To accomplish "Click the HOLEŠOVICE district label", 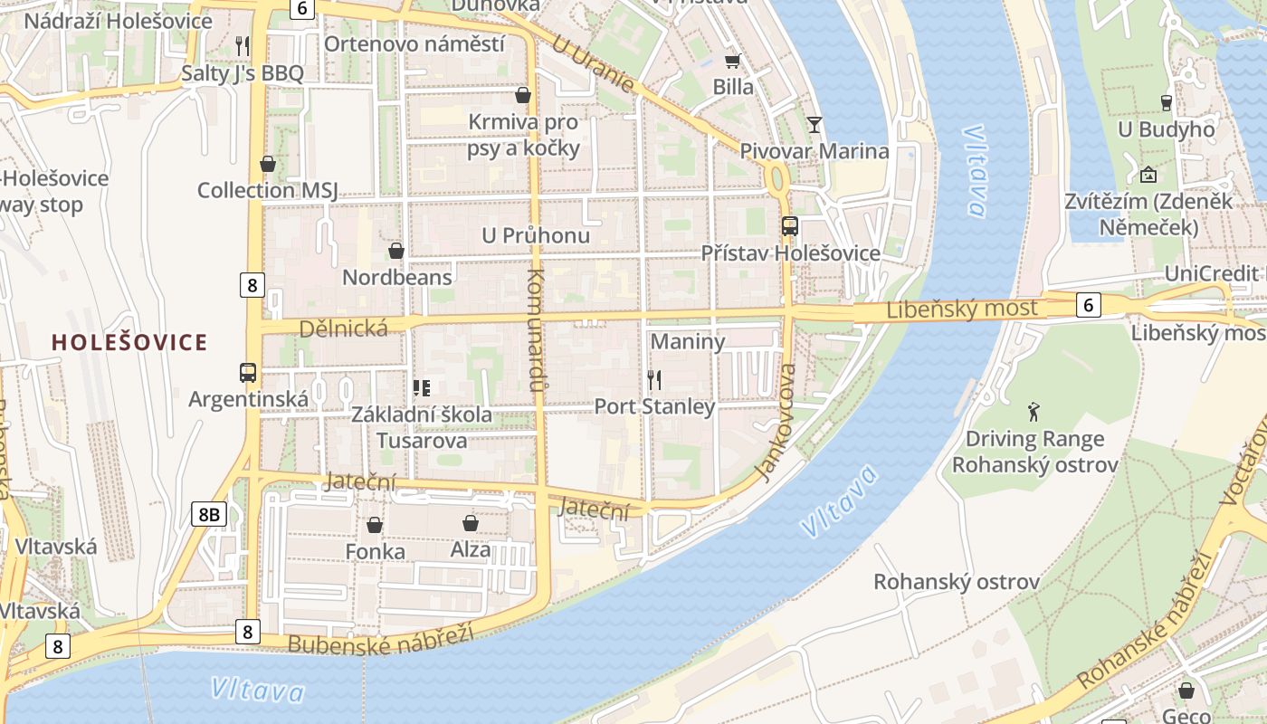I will coord(129,342).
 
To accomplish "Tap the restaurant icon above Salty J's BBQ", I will coord(242,45).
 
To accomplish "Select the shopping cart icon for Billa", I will coord(732,61).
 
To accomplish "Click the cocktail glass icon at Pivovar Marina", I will coord(814,124).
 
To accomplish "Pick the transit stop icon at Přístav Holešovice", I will coord(790,226).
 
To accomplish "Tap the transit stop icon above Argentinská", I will coord(248,372).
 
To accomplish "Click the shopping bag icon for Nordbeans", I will coord(395,251).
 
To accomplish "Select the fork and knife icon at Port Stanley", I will coord(654,380).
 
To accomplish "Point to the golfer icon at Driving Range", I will coord(1034,413).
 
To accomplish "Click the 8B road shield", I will coord(209,515).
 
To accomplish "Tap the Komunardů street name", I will coord(535,330).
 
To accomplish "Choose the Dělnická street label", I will coord(344,329).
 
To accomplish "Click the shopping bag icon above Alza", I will coord(471,523).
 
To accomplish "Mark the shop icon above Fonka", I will coord(375,525).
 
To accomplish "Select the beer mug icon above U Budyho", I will coord(1166,103).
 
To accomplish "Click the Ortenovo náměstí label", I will coord(414,43).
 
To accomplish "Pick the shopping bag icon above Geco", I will coord(1186,691).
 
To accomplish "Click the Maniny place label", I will coord(688,342).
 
